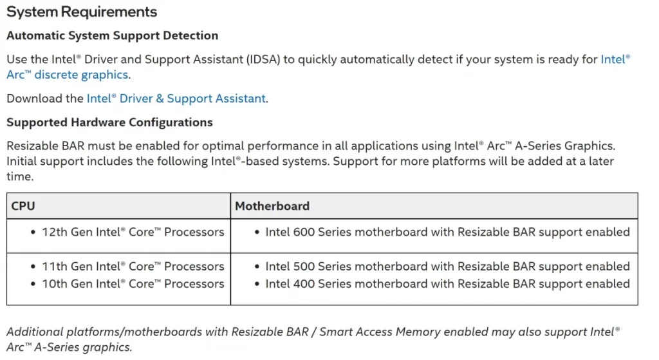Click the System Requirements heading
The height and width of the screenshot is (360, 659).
[x=82, y=12]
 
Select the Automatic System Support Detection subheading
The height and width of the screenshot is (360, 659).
[x=113, y=36]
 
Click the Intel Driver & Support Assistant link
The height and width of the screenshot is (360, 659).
[x=176, y=99]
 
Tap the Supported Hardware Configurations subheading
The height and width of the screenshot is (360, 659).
[x=109, y=122]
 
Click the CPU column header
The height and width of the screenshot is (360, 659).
[x=23, y=206]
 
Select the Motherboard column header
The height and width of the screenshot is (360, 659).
[x=272, y=206]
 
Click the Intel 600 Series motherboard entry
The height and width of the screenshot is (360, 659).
[x=447, y=232]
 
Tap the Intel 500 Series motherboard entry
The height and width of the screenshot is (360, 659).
[x=447, y=267]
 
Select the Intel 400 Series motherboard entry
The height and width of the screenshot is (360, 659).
[x=447, y=284]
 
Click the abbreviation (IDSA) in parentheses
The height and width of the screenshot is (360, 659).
[x=262, y=59]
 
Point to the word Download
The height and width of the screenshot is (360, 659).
[x=35, y=99]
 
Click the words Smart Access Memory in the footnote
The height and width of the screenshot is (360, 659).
[x=374, y=332]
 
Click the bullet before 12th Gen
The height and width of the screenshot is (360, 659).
[x=33, y=232]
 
